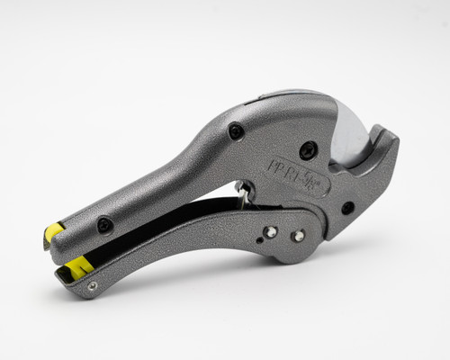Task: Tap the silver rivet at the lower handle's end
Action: [x=92, y=286]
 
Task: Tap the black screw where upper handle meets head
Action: [x=236, y=131]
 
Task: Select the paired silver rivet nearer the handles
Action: [x=270, y=232]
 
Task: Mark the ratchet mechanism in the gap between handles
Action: [x=244, y=191]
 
